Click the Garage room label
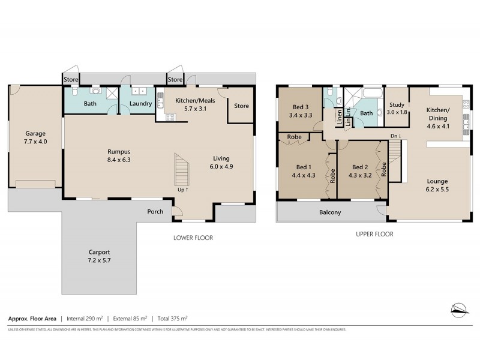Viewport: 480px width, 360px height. pos(35,133)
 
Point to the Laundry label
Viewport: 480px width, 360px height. pos(140,104)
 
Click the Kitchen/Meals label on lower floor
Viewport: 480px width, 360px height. pos(186,100)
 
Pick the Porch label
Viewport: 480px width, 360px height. pos(155,211)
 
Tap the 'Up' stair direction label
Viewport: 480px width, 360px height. pos(183,190)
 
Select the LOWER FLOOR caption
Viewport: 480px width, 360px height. pos(193,238)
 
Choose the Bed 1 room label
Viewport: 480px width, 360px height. pos(304,167)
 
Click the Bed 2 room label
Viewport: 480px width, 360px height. pos(359,167)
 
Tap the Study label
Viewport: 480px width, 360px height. pos(397,105)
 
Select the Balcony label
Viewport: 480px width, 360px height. pos(330,212)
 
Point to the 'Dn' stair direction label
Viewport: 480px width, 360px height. pos(395,136)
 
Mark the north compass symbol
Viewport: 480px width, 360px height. pos(459,308)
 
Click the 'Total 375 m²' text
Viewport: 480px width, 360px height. pos(179,319)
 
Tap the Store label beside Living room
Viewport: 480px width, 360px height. pos(241,106)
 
